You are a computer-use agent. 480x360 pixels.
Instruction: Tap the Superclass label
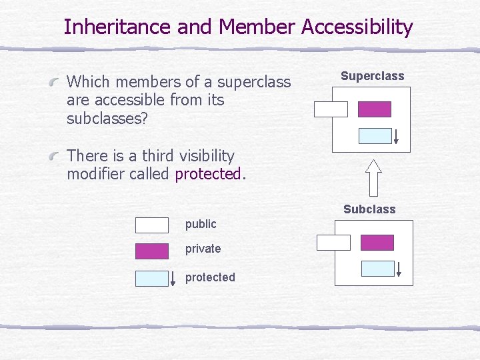point(372,76)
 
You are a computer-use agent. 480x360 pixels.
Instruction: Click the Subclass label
point(369,209)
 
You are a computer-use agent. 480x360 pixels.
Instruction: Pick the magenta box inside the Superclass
point(374,109)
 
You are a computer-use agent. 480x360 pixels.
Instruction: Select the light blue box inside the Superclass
point(375,136)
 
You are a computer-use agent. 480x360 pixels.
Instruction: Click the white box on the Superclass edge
point(331,109)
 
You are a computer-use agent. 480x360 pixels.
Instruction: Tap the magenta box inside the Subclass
point(377,243)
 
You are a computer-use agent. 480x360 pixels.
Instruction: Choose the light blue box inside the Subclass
point(377,269)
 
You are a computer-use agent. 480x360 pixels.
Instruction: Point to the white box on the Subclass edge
point(333,243)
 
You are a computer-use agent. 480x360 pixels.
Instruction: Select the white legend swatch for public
point(152,225)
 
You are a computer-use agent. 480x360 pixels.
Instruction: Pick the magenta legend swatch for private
point(152,251)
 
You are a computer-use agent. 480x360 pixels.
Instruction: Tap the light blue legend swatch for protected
point(152,278)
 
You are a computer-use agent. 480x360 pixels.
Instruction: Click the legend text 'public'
point(201,224)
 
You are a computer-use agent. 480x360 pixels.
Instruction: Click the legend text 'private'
point(203,249)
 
